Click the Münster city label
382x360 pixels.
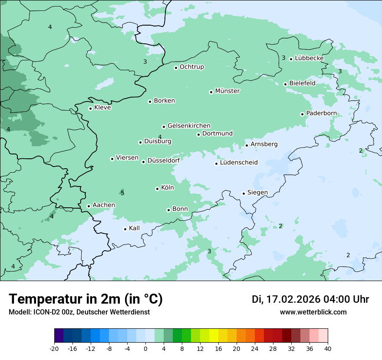227,91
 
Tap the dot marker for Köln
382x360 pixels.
157,189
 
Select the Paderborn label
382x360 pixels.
321,113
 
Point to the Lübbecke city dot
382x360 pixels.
291,59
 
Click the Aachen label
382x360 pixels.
104,205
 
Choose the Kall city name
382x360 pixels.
135,228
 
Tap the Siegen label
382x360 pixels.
257,193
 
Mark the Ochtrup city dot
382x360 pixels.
176,68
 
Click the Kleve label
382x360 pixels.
102,108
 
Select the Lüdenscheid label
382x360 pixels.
239,163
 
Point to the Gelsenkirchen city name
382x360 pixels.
189,126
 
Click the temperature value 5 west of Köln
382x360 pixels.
122,193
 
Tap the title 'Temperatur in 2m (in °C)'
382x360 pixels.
86,299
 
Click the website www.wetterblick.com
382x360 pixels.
313,312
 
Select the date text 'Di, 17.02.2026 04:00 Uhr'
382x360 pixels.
310,299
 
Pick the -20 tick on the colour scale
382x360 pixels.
54,349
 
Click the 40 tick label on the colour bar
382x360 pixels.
328,349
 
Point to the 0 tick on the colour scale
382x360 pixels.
145,349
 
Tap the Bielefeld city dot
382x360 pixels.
285,84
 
